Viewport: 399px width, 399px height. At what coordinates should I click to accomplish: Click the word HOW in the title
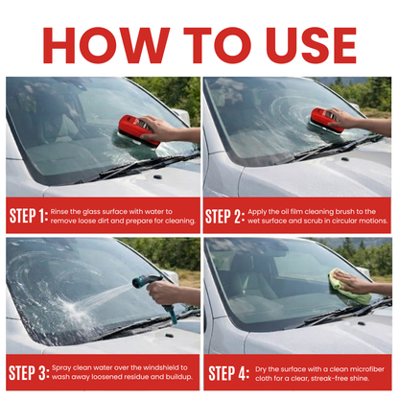click(x=106, y=45)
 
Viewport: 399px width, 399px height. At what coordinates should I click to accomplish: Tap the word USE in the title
click(x=311, y=45)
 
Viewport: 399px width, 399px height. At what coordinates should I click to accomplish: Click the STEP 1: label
click(x=29, y=216)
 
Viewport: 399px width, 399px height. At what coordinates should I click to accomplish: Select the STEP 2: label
click(x=224, y=217)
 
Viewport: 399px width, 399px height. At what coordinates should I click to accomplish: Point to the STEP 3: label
click(x=29, y=373)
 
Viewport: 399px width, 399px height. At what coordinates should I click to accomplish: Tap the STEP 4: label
click(x=229, y=373)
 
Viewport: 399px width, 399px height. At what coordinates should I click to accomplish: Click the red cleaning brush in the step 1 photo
click(x=139, y=131)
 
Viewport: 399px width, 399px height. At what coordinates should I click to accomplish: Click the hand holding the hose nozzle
click(x=164, y=293)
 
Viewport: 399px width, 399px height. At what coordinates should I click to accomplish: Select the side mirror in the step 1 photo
click(x=181, y=116)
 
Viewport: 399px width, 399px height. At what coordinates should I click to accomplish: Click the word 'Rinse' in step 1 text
click(x=59, y=212)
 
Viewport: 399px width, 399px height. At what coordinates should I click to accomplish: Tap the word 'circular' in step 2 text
click(x=344, y=221)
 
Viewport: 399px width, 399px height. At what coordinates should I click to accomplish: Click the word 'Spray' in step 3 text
click(x=61, y=368)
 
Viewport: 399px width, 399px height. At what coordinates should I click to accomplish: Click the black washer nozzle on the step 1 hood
click(x=158, y=176)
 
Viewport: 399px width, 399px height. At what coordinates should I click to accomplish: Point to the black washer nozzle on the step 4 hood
click(x=362, y=323)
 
